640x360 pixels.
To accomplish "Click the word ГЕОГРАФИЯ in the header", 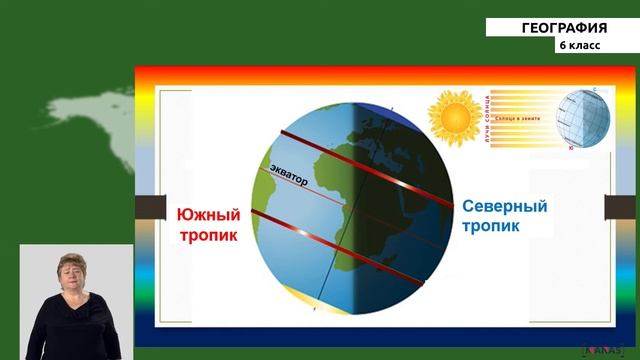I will (x=564, y=28).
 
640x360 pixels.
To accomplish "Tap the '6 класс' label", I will (x=581, y=46).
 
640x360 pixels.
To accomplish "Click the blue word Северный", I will (x=504, y=206).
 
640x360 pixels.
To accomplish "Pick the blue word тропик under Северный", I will (x=492, y=227).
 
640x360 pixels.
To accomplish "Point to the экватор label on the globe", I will (x=291, y=173).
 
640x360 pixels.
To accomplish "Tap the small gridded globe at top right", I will (x=581, y=118).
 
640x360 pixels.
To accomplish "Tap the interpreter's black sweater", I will (x=75, y=330).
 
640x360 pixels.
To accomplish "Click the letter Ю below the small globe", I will (x=570, y=148).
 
